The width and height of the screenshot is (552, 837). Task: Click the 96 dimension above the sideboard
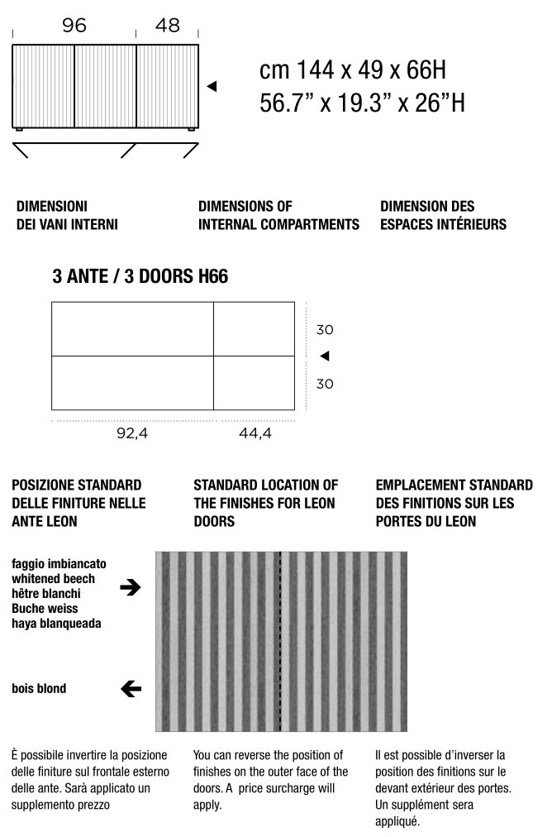coord(74,26)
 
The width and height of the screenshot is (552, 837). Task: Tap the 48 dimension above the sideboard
coord(168,26)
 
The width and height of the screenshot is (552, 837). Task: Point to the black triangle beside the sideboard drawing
coord(212,86)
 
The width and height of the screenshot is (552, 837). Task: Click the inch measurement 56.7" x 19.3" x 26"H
coord(362,103)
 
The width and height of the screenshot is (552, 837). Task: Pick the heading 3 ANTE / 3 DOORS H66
coord(140,277)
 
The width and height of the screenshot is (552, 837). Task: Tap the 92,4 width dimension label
coord(132,433)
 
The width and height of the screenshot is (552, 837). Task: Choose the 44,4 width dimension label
coord(255,433)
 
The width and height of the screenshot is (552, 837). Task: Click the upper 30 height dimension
coord(325,330)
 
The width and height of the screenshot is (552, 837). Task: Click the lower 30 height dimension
coord(325,384)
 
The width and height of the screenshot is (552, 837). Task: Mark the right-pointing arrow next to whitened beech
coord(131,588)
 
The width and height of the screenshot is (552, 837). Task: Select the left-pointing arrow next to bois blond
coord(131,688)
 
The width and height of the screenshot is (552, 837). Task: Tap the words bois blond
coord(39,688)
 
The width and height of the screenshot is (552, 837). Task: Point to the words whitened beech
coord(53,579)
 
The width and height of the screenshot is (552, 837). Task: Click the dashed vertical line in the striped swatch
coord(281,641)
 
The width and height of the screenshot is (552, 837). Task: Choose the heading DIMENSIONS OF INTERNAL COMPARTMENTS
coord(278,215)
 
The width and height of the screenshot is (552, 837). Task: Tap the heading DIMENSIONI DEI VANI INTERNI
coord(67,215)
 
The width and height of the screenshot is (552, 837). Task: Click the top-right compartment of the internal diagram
coord(254,329)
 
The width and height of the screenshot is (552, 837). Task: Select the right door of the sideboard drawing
coord(167,86)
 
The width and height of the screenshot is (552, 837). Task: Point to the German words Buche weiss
coord(44,609)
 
